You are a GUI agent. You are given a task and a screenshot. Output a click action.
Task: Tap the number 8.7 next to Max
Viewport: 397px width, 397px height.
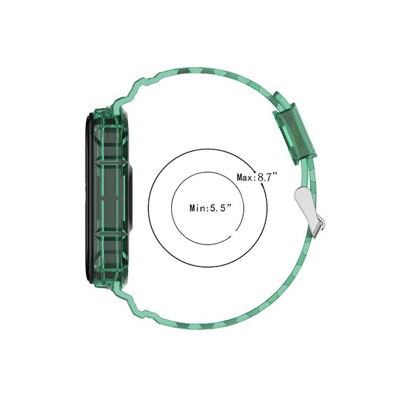[265, 177]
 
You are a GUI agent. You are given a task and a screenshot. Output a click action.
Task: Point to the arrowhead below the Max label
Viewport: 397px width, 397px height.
[264, 187]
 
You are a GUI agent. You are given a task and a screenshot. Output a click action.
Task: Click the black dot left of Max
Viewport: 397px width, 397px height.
[255, 171]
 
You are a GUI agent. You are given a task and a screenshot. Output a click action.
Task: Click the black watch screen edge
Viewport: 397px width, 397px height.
[87, 198]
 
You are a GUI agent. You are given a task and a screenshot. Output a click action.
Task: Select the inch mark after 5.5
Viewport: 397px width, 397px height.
[229, 206]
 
